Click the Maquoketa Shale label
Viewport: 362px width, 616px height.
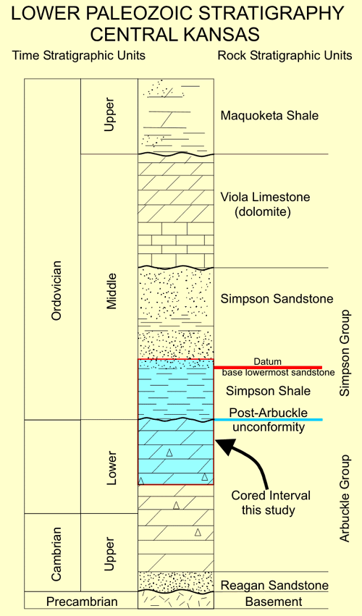point(269,116)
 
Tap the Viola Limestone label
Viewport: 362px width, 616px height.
point(265,197)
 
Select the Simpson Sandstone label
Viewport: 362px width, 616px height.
point(277,299)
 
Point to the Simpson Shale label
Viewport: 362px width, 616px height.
point(268,392)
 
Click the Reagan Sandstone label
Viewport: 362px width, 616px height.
point(274,586)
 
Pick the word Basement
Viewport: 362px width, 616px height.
point(274,602)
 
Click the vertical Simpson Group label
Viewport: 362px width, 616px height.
point(345,353)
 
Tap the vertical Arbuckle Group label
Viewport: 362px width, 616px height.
point(345,499)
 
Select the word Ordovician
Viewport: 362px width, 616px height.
point(56,290)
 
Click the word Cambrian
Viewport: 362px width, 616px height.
point(56,554)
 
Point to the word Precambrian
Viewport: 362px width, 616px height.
point(82,602)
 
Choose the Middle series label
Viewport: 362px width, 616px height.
point(112,292)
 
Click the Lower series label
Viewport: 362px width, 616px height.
point(112,468)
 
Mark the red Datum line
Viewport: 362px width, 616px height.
point(268,367)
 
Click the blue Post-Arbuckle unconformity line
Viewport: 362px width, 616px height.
point(268,420)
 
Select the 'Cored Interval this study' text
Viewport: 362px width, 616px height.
point(271,503)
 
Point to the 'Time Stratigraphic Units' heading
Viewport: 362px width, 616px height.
point(79,56)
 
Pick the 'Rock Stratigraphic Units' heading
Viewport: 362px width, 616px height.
point(285,56)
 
